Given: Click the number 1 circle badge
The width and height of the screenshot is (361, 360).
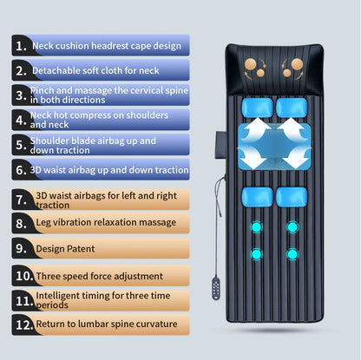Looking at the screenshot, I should pos(20,45).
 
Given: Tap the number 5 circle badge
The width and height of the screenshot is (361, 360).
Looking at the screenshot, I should pos(20,145).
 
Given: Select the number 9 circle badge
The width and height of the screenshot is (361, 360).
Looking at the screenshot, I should pos(20,249).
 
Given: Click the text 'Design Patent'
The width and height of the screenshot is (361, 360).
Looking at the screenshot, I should pos(66,249).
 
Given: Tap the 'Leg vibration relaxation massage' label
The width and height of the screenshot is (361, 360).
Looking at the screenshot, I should pos(106,223).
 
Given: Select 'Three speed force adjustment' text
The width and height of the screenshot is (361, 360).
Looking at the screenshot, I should pos(99,276).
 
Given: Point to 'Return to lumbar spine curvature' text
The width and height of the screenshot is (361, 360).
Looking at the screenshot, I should pos(107,325).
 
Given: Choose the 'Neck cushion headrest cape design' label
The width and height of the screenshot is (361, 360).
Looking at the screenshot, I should pos(107,45).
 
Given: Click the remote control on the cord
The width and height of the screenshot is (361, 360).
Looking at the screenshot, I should pos(213,286).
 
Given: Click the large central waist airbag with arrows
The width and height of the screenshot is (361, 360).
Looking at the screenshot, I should pos(272,144).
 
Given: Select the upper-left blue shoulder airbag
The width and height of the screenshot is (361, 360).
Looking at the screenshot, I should pos(257,107).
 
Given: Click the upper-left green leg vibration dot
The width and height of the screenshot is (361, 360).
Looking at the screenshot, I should pos(257,227).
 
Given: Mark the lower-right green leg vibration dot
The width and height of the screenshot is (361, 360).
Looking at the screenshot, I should pos(292,254).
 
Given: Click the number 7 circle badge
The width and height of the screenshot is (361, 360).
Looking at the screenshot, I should pos(20,199).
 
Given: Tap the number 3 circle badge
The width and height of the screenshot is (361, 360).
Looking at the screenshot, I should pos(20,94).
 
